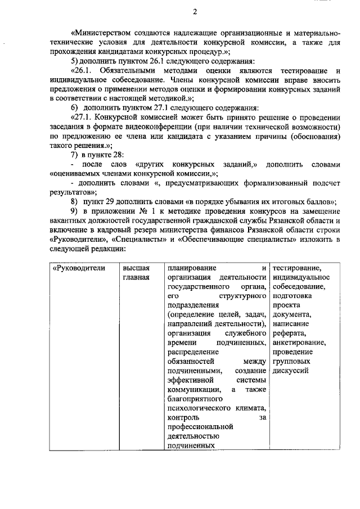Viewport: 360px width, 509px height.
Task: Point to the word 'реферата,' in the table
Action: [290, 333]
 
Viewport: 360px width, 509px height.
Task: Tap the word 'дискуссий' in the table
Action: [291, 371]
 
